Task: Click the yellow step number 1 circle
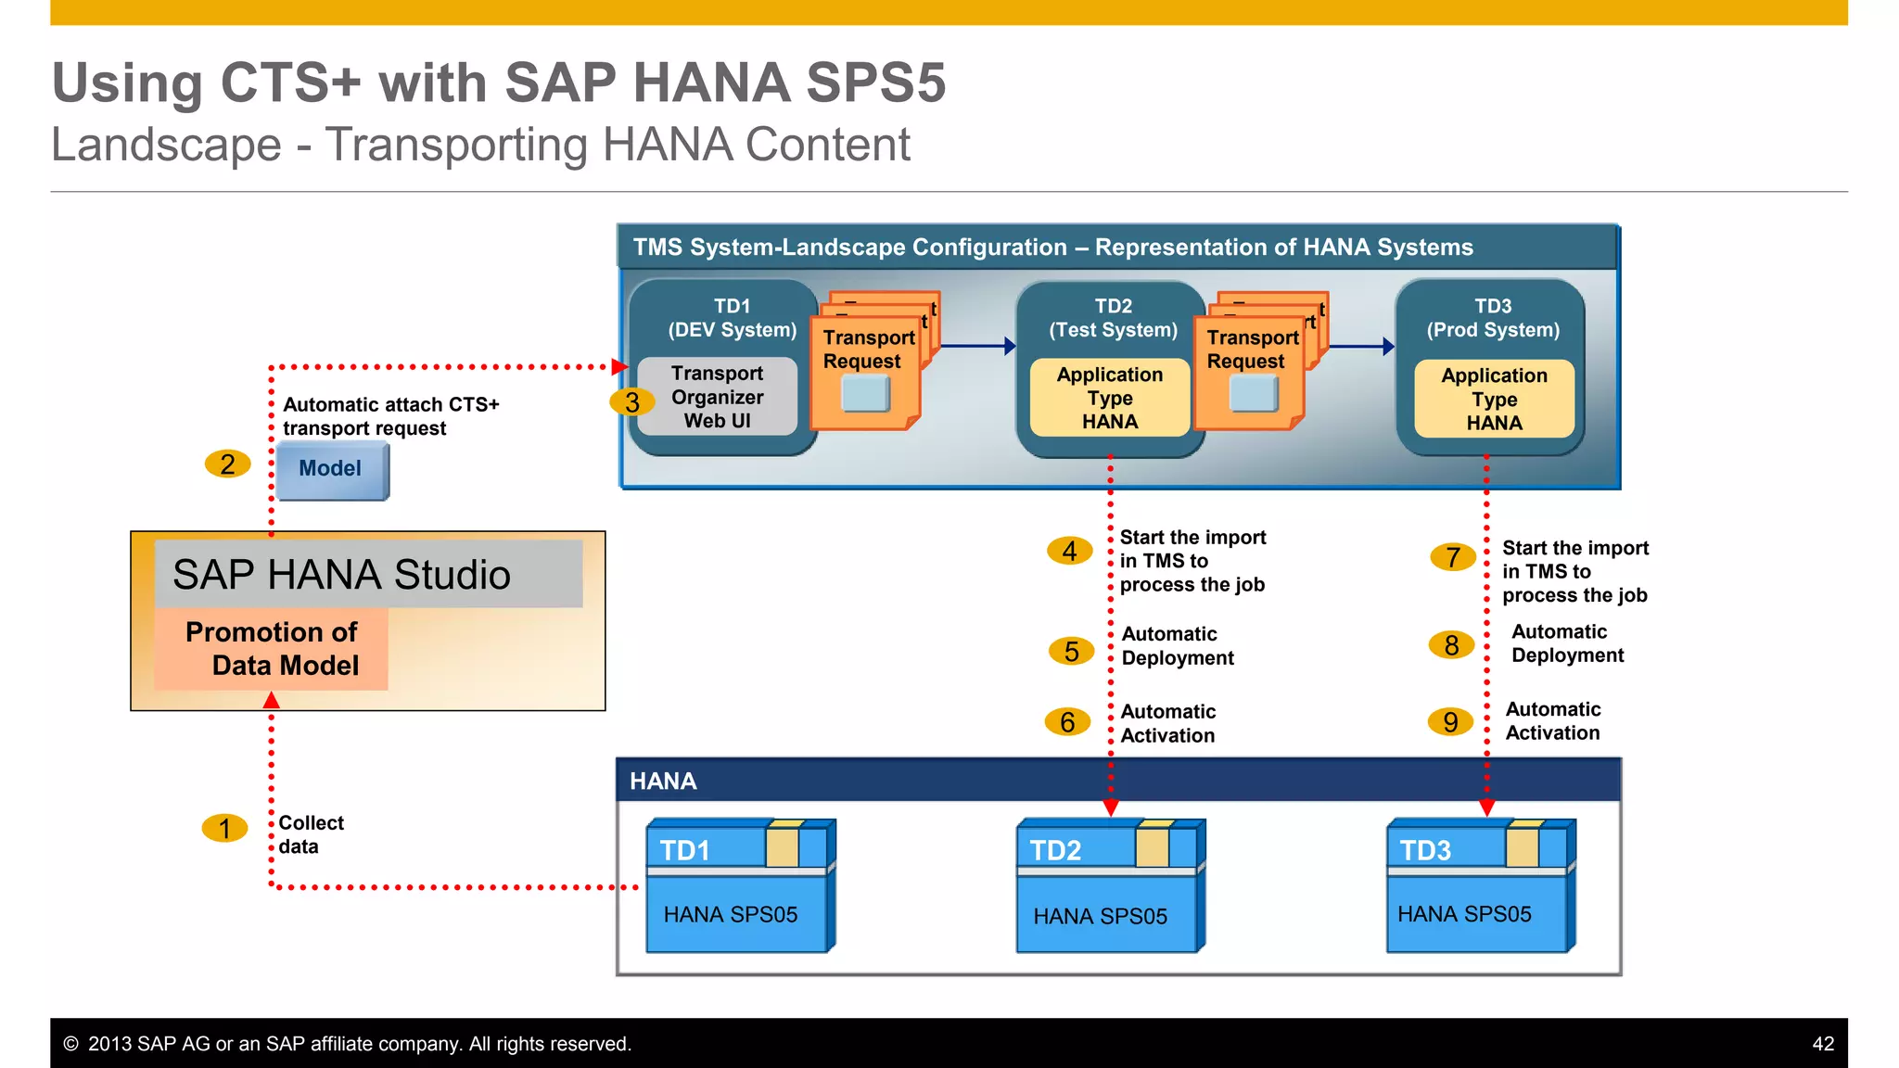pos(224,828)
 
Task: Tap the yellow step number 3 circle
pos(631,402)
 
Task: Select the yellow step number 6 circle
pos(1067,722)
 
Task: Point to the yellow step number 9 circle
pos(1450,721)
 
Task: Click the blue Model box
pos(331,469)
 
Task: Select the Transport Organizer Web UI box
pos(717,397)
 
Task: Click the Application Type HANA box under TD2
pos(1109,399)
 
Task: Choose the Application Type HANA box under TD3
pos(1494,400)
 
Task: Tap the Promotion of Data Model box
pos(272,649)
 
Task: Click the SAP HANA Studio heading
pos(341,575)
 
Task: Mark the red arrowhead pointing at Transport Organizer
pos(619,367)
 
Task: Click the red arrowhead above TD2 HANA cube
pos(1110,807)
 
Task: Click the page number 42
pos(1822,1044)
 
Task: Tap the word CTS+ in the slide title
pos(290,83)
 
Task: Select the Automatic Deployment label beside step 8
pos(1567,643)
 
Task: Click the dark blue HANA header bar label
pos(663,782)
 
